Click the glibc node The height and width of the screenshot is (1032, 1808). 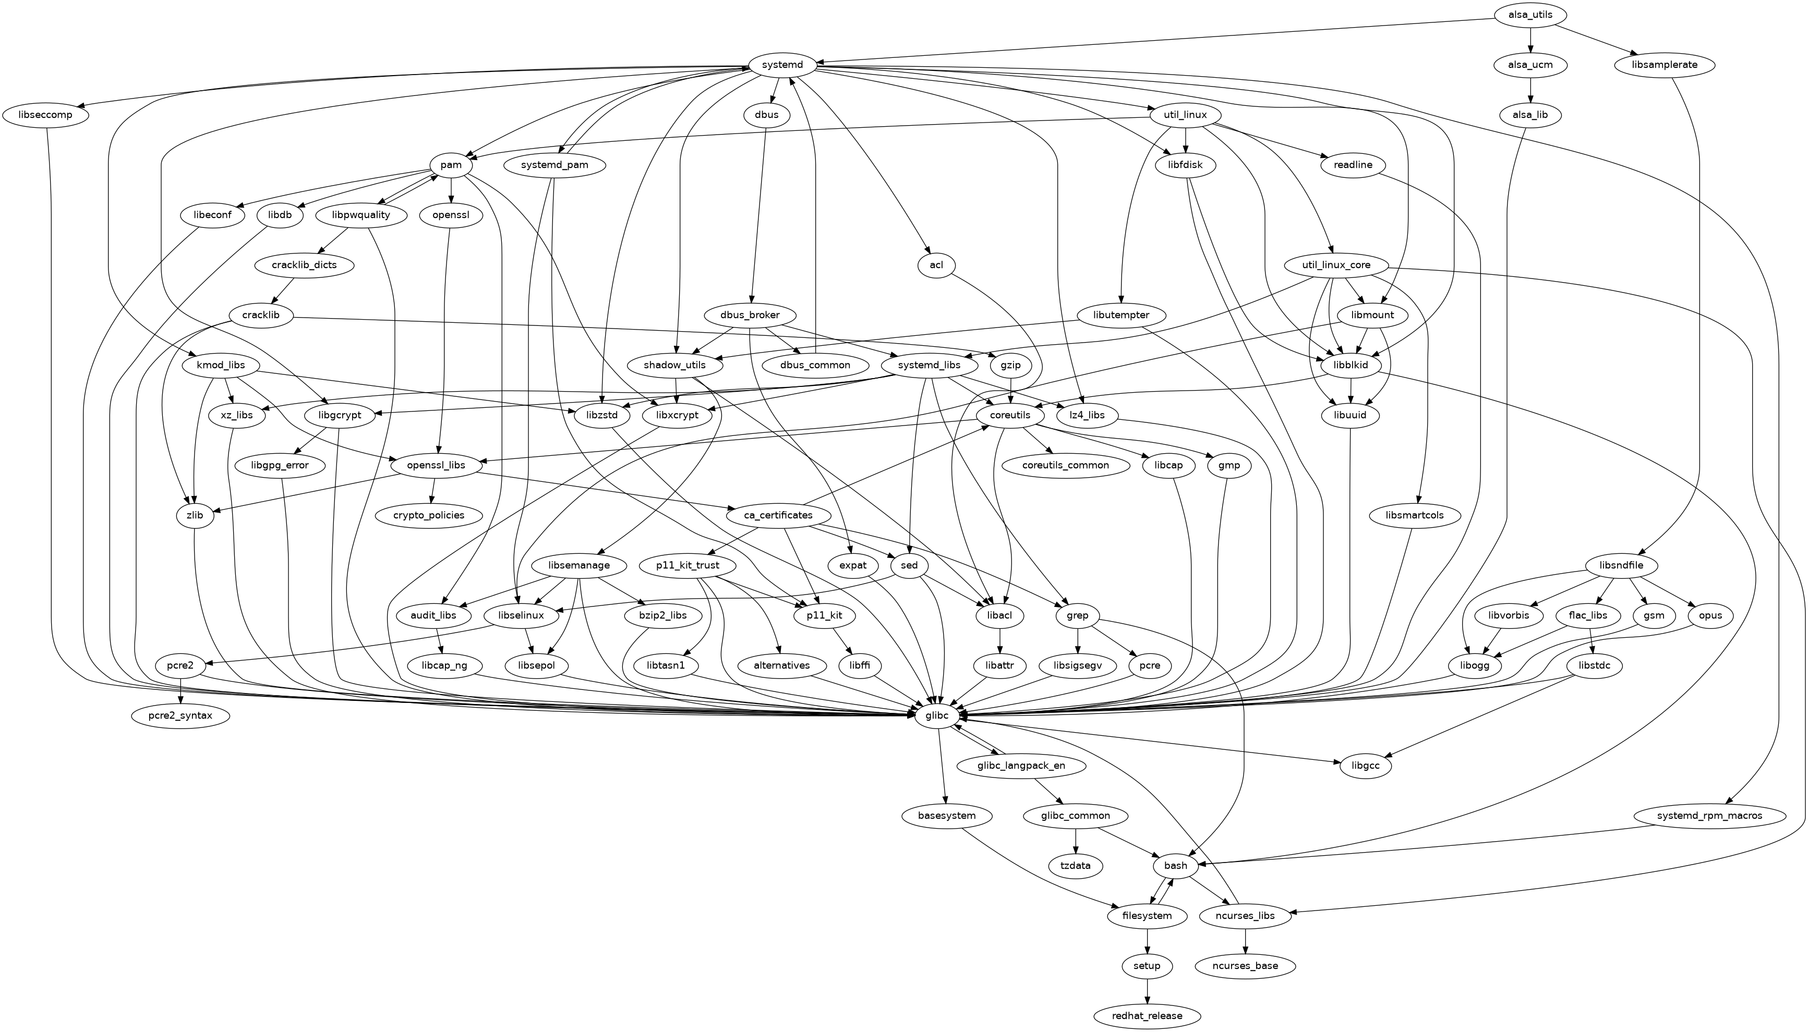tap(937, 716)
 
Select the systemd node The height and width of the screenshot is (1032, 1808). tap(782, 65)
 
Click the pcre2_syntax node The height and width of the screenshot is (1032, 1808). tap(181, 716)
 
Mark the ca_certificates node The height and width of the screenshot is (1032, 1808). tap(778, 515)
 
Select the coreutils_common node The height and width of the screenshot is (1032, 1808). tap(1066, 466)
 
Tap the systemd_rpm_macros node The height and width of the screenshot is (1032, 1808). tap(1709, 816)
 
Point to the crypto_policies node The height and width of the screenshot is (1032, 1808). tap(429, 515)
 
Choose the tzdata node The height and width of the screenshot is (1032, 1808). tap(1076, 866)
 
